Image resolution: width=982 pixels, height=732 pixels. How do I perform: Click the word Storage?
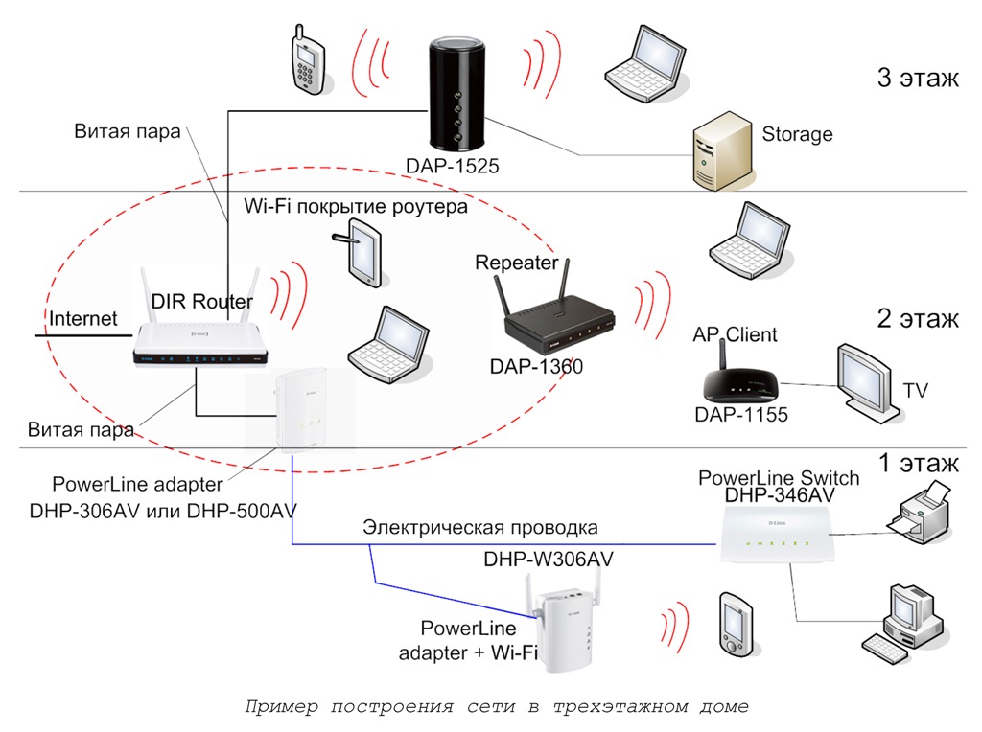797,134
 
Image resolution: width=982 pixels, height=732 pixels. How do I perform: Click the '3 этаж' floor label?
917,78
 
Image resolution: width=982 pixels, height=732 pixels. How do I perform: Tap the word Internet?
83,319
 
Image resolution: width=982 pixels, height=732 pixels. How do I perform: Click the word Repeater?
517,262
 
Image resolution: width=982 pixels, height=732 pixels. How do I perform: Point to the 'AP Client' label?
735,334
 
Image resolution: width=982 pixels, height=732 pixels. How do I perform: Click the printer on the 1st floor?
919,515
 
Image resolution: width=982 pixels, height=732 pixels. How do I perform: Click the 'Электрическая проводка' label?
479,527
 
